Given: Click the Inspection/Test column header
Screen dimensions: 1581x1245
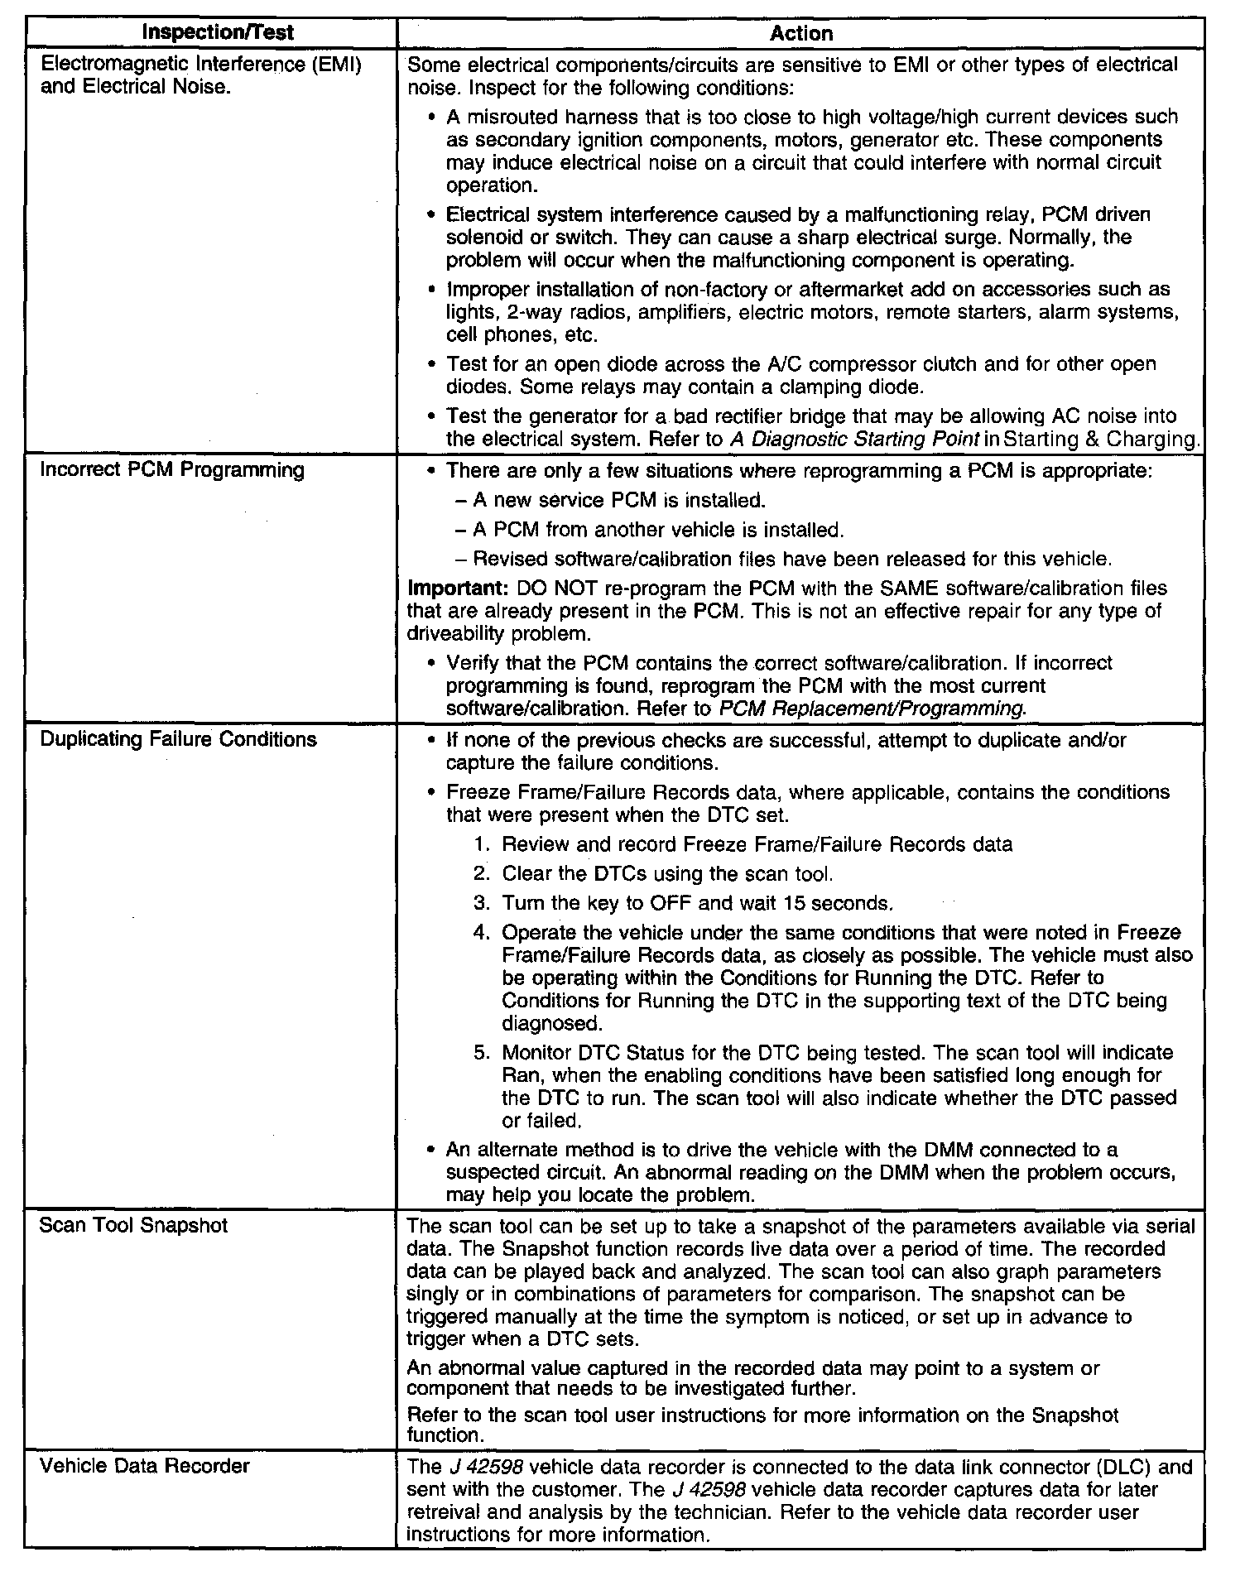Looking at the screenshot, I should coord(218,33).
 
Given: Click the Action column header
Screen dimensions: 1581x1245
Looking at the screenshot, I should coord(800,33).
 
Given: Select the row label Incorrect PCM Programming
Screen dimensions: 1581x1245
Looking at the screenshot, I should coord(172,470).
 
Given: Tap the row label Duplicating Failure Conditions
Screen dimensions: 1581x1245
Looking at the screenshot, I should coord(178,739).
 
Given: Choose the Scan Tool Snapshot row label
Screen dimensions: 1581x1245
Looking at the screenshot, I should coord(133,1225).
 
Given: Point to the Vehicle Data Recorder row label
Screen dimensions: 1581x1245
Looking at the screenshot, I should coord(144,1466).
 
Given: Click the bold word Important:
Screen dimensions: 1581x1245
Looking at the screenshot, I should coord(457,589).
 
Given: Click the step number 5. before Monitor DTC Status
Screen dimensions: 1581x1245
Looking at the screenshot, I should coord(483,1053).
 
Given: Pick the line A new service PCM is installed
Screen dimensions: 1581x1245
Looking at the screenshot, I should coord(619,500).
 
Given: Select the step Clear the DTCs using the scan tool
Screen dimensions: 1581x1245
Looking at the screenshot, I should coord(667,874).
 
